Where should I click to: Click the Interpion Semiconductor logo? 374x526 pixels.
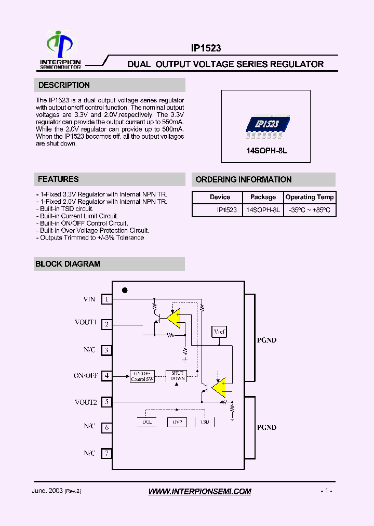60,50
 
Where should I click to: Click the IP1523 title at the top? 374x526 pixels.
206,48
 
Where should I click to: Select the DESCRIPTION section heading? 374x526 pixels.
64,85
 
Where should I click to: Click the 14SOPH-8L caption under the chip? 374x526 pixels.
266,151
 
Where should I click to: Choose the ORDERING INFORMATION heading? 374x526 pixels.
243,180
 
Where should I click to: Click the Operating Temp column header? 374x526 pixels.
310,198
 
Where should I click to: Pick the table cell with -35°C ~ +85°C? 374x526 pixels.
310,211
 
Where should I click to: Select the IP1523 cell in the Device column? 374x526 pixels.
227,211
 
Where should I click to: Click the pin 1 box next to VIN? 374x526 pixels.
106,299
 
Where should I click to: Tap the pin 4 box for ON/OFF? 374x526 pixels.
106,375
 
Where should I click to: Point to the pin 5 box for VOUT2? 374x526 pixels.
106,402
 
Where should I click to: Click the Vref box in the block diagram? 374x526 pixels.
220,332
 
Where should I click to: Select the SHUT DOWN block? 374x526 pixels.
178,375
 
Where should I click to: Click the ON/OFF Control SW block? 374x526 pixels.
142,376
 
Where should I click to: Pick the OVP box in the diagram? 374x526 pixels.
177,422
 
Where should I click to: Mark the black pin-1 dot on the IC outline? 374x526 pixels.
125,291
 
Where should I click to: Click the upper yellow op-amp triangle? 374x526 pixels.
173,318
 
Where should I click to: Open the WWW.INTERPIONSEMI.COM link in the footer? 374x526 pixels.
199,491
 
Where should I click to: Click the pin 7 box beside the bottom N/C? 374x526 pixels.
106,453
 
